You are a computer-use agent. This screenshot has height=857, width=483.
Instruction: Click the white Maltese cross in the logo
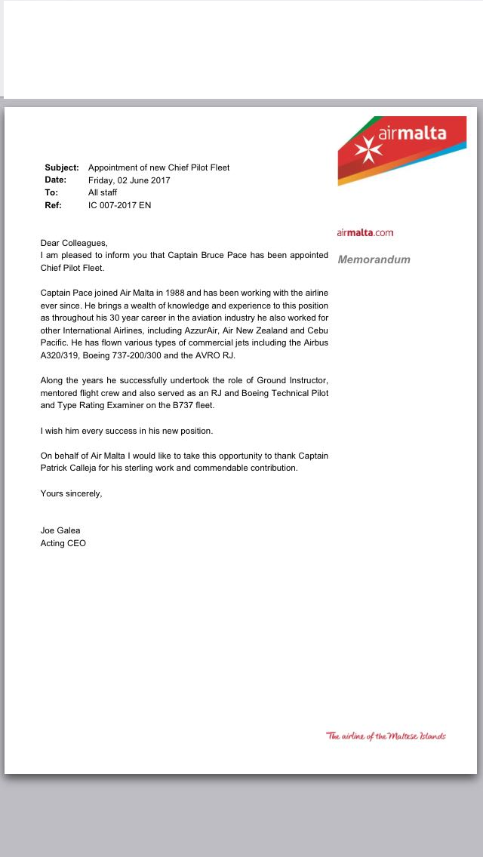(368, 149)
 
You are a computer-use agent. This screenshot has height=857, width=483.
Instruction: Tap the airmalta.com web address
(365, 232)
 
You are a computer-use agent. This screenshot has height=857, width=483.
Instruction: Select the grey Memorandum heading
(374, 260)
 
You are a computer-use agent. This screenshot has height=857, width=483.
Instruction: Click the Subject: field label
(62, 167)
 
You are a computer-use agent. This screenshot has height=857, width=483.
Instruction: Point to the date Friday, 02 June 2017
(129, 180)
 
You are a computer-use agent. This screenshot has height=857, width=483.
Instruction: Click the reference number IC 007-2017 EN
(119, 205)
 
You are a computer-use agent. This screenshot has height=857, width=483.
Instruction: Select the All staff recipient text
(103, 192)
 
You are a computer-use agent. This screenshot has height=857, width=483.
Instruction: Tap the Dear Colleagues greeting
(74, 243)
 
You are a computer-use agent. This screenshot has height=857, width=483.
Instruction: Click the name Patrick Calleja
(75, 468)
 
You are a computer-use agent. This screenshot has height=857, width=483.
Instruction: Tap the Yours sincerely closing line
(71, 493)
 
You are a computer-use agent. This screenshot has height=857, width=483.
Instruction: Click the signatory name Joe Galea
(60, 530)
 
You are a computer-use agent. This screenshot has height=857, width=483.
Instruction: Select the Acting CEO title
(63, 543)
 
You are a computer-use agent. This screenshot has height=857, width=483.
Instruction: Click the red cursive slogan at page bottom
(386, 736)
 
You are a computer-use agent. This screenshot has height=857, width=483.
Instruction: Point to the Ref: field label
(53, 205)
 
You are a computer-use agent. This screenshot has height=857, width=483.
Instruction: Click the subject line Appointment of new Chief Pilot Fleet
(158, 167)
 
